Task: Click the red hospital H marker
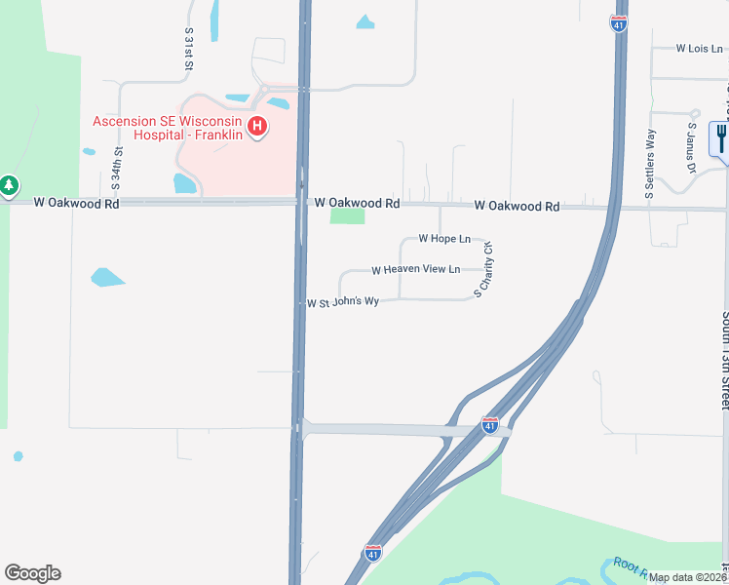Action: (x=257, y=127)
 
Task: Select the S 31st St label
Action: (x=189, y=47)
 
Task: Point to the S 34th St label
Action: (x=117, y=166)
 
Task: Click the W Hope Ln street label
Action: (x=444, y=238)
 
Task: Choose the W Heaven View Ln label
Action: (x=415, y=269)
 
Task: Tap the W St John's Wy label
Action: (x=343, y=302)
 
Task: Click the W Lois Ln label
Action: (x=703, y=47)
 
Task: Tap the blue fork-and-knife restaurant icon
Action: (x=721, y=136)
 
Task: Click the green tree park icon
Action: (x=9, y=184)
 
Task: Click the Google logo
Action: (x=32, y=573)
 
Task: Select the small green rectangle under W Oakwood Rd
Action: (x=346, y=216)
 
